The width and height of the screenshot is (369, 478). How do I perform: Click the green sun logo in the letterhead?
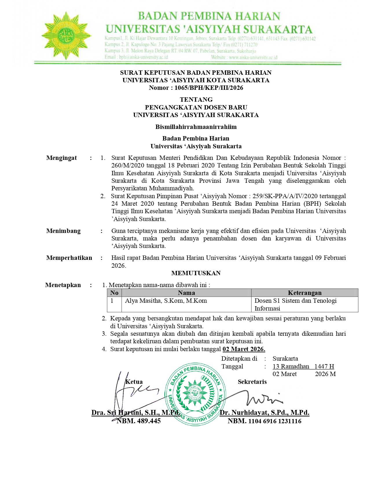(66, 35)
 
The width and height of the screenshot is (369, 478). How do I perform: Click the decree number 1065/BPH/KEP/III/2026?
(209, 88)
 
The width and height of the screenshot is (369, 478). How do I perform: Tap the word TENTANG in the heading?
(196, 100)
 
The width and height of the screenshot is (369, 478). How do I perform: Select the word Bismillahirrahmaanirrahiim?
(196, 127)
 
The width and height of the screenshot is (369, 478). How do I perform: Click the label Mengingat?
(61, 158)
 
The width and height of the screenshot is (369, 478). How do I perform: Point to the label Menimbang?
(63, 231)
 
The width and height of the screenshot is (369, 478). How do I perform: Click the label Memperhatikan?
(69, 258)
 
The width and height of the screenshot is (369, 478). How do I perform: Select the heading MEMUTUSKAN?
(196, 273)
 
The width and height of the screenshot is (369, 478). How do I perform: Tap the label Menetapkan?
(63, 285)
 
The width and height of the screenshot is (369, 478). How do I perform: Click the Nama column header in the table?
(186, 293)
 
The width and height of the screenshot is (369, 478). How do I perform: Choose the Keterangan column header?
(304, 293)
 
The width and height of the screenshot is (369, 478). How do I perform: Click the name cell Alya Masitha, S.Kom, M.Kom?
(166, 301)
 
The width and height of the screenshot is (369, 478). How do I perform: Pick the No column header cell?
(114, 293)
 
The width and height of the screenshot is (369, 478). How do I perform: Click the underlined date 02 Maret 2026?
(244, 349)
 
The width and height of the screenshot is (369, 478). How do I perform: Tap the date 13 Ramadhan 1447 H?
(303, 366)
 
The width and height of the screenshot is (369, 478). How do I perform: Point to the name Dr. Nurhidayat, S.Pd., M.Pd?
(265, 413)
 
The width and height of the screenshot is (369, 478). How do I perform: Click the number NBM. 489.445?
(138, 421)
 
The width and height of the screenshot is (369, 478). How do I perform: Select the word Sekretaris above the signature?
(252, 382)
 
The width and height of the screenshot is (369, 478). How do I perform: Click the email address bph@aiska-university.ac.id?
(143, 57)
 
